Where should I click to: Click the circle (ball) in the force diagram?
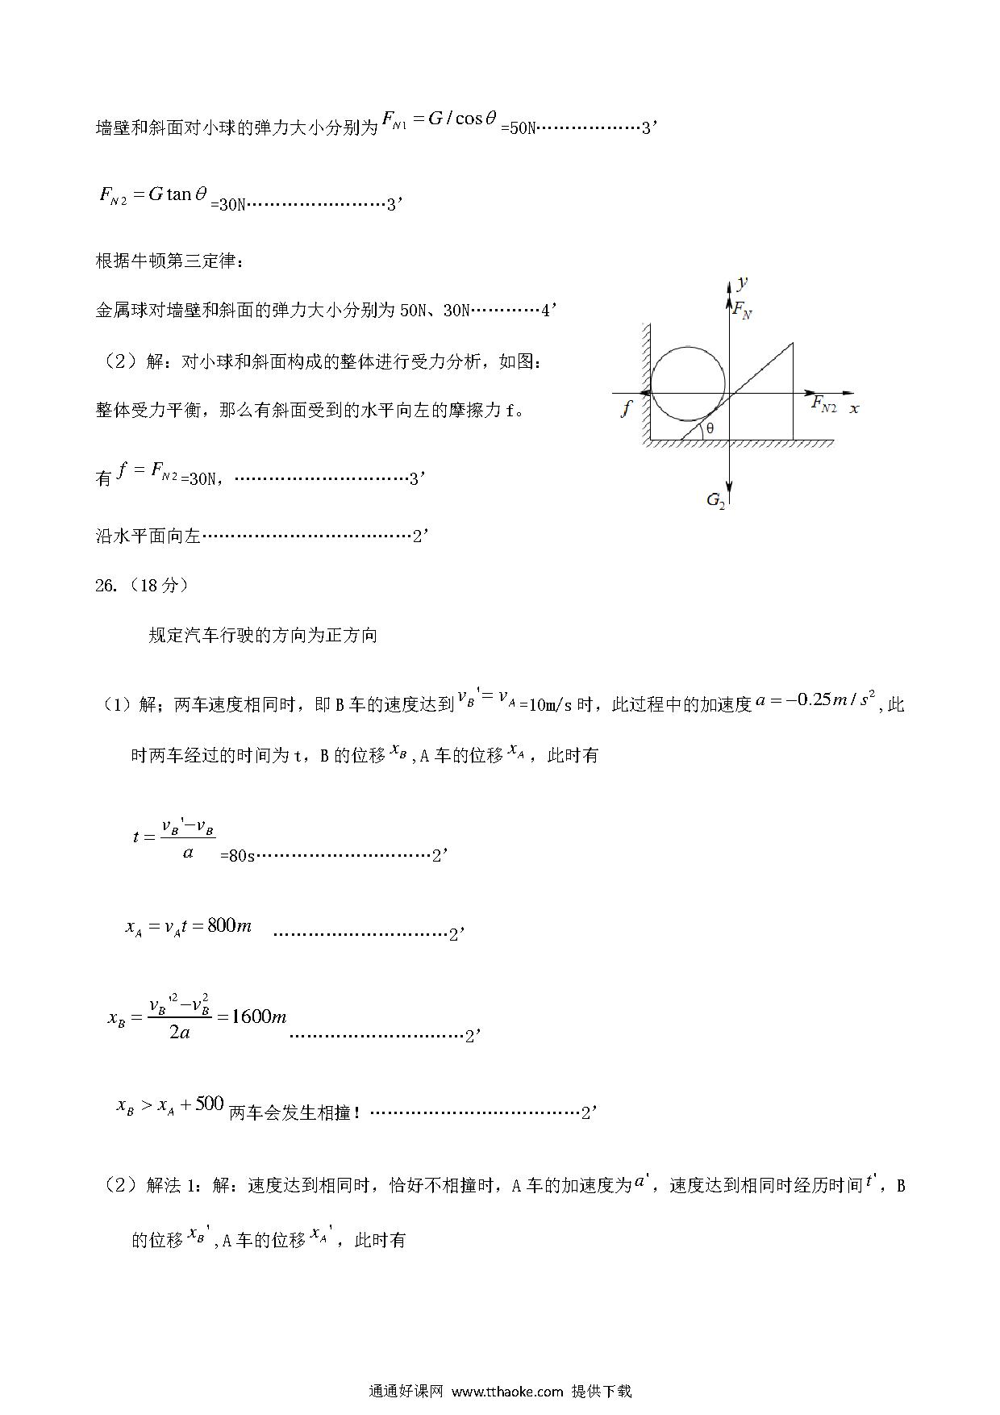click(687, 384)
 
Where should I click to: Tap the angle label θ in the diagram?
click(710, 429)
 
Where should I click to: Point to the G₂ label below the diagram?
click(715, 500)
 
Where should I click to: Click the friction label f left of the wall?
click(626, 408)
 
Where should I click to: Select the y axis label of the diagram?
click(743, 282)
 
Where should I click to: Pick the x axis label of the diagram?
click(854, 408)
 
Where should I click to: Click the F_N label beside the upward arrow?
click(742, 309)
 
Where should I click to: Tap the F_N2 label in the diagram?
click(823, 404)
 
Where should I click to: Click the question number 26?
click(106, 586)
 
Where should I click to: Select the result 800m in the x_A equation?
click(229, 926)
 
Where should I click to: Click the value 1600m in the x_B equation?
click(258, 1016)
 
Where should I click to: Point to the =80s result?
click(237, 856)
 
